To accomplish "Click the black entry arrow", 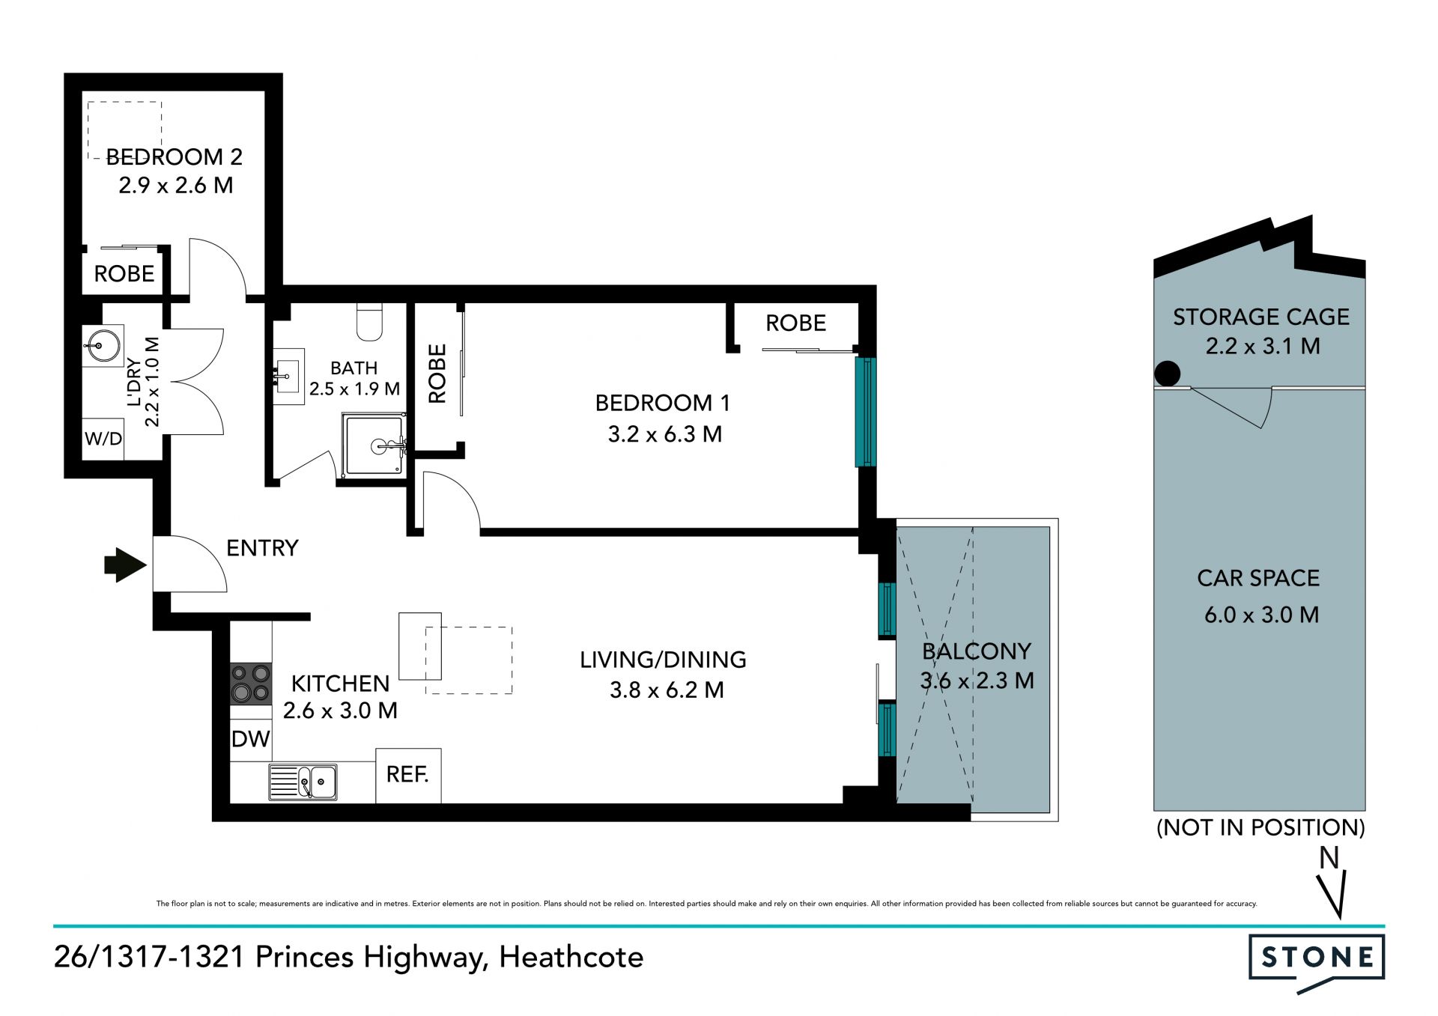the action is tap(125, 565).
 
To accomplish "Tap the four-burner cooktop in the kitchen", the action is tap(250, 684).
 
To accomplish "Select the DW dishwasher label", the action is tap(250, 739).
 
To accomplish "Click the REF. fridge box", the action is tap(408, 776).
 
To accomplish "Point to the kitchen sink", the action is tap(303, 782).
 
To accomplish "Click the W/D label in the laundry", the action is tap(103, 439).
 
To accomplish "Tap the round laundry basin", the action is tap(102, 346).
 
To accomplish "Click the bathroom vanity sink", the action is tap(288, 376).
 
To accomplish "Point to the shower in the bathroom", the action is tap(374, 445).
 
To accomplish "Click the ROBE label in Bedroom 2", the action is tap(124, 274).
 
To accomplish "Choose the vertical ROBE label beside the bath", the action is tap(437, 374).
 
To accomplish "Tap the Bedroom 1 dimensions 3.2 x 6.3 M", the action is tap(665, 434).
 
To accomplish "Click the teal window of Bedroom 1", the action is tap(866, 412).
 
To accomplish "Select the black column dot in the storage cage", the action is tap(1167, 373).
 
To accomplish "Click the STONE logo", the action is tap(1317, 963).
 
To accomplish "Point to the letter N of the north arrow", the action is tap(1329, 858).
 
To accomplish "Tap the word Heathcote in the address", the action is tap(571, 958).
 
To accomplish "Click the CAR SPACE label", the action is tap(1258, 578).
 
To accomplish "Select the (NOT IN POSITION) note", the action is tap(1260, 827).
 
